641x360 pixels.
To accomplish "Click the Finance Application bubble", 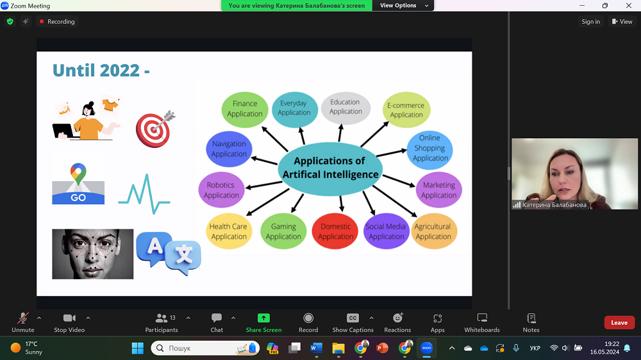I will (244, 109).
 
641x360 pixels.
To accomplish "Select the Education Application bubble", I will (345, 106).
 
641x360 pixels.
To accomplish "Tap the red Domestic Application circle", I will (336, 231).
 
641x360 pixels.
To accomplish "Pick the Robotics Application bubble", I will (221, 190).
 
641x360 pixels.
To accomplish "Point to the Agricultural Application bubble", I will (433, 231).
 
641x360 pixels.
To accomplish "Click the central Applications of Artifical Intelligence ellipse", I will (329, 167).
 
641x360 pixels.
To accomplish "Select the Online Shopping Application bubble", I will (430, 148).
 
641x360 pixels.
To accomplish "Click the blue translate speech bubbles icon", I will (169, 253).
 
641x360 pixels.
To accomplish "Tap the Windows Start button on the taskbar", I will (137, 348).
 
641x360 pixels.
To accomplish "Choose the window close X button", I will (629, 6).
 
